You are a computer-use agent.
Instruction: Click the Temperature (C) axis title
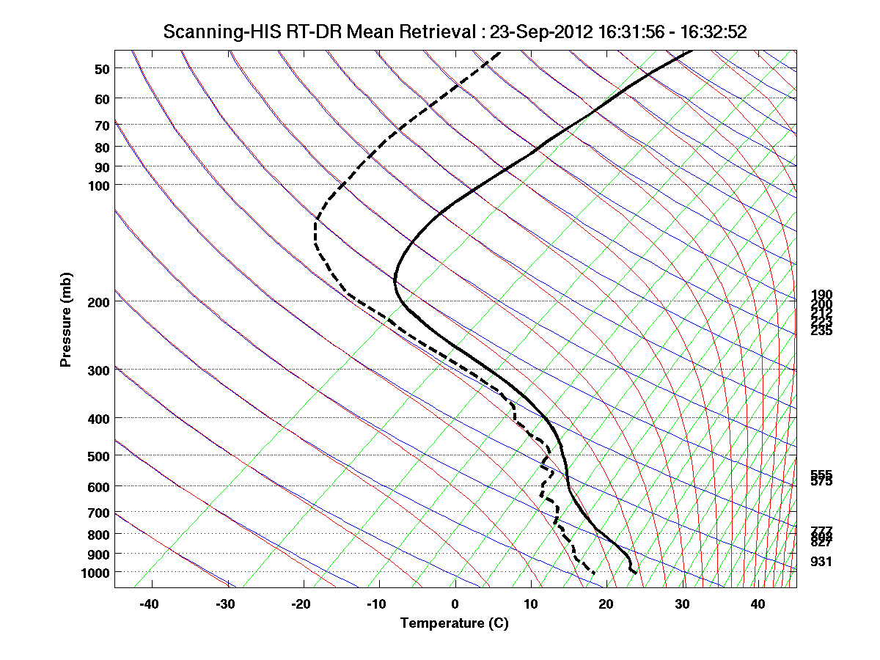454,623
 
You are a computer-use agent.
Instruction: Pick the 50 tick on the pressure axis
101,69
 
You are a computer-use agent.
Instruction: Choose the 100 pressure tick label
98,185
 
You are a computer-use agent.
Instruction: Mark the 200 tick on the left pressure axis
98,301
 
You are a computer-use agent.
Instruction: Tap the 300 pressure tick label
98,370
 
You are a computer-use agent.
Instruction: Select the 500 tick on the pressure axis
98,455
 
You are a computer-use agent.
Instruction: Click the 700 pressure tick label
98,513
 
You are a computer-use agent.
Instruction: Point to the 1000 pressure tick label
95,572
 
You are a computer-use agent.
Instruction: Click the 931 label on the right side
821,562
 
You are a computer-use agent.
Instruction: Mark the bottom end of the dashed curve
593,571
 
